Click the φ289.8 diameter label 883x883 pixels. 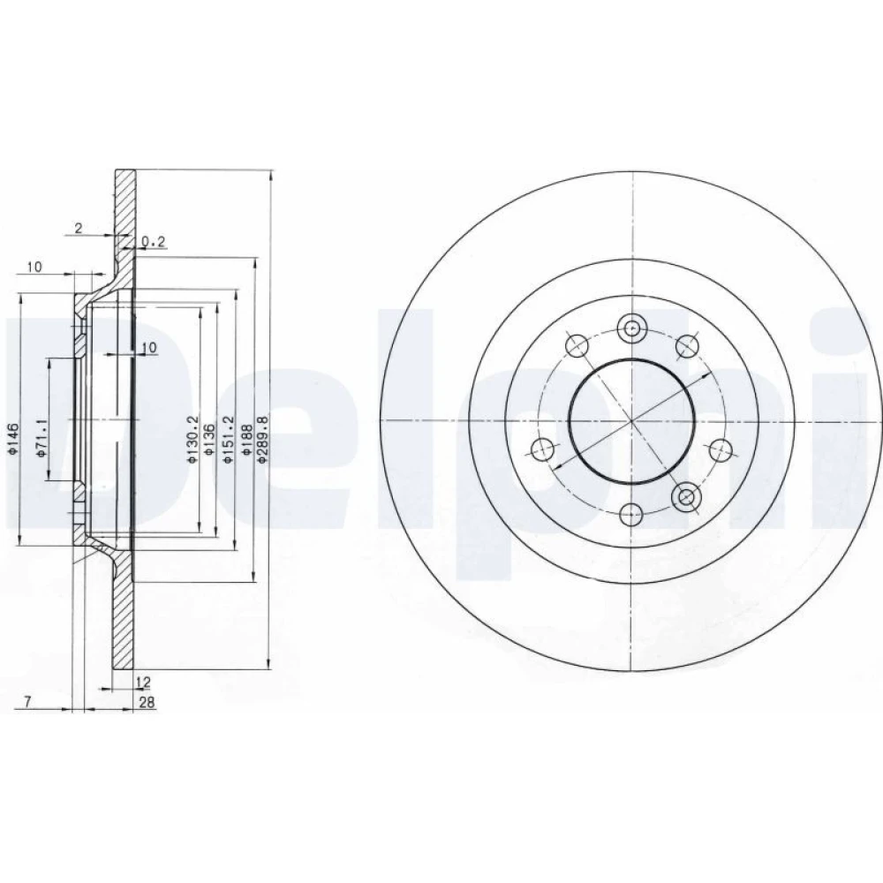click(x=263, y=439)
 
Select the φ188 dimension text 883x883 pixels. click(x=246, y=439)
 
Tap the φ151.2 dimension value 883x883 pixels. click(x=228, y=439)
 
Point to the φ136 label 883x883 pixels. click(x=209, y=439)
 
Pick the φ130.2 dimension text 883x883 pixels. click(x=192, y=439)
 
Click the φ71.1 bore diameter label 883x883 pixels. click(x=41, y=438)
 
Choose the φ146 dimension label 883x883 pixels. click(x=15, y=438)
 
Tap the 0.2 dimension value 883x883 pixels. click(x=153, y=242)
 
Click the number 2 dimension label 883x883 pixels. click(x=79, y=228)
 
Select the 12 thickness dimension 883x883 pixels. click(x=144, y=683)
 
